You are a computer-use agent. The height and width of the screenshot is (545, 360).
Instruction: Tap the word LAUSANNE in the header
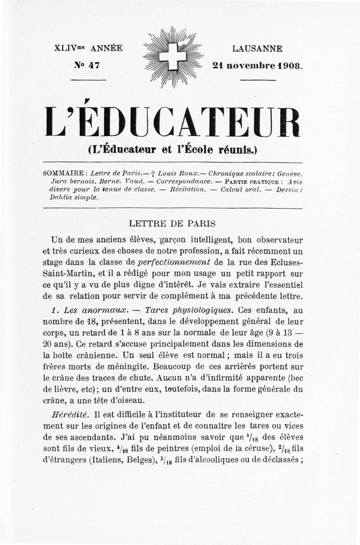pos(257,49)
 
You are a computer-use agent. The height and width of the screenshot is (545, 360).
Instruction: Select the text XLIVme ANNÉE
pos(88,49)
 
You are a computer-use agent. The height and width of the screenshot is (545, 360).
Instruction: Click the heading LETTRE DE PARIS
pos(172,223)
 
